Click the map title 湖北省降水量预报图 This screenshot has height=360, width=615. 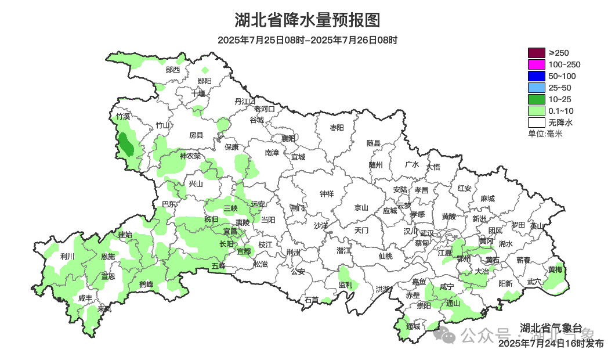[x=307, y=20]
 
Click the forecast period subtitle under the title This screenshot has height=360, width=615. [x=307, y=40]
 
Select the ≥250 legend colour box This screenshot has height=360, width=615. [x=537, y=53]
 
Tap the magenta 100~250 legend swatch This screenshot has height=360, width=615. [x=537, y=64]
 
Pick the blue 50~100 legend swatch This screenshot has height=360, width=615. [x=537, y=76]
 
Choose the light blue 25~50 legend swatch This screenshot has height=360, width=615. [x=537, y=88]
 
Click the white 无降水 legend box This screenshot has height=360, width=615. [x=537, y=123]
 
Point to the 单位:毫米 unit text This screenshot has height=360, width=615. [x=545, y=134]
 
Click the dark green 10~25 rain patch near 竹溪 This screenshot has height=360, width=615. [x=126, y=145]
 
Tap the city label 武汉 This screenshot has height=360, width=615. [x=427, y=232]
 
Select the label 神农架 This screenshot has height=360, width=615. [x=190, y=156]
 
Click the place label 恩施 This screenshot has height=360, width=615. [x=108, y=256]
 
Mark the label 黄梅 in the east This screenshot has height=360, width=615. [x=555, y=269]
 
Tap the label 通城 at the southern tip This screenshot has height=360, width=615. [x=413, y=326]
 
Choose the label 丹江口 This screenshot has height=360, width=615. [x=244, y=101]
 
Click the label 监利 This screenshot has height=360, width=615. [x=345, y=285]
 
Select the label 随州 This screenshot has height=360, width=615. [x=376, y=164]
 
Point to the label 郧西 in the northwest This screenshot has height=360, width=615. [x=173, y=70]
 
